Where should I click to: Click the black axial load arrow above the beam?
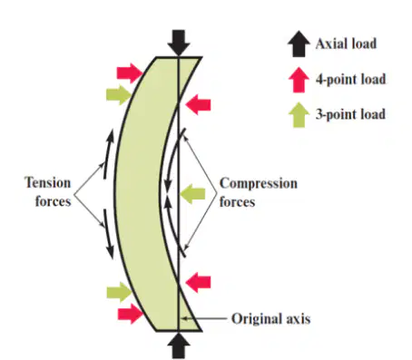point(179,43)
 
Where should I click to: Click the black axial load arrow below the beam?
point(179,345)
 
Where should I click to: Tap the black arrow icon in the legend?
point(299,44)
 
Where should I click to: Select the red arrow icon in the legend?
point(299,80)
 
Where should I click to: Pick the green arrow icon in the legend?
point(299,115)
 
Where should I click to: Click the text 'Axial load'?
point(346,44)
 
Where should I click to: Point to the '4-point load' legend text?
point(350,79)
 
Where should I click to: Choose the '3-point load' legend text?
point(350,114)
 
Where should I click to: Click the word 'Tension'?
point(48,183)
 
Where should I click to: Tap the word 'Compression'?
point(259,183)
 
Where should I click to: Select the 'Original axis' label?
point(270,319)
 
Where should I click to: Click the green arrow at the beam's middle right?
point(192,194)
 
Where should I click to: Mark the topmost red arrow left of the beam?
point(130,73)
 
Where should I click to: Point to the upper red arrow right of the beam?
point(198,105)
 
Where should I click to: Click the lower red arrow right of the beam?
point(198,283)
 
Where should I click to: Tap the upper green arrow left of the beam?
point(119,95)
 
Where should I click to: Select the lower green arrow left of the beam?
point(119,292)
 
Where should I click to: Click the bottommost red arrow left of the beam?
point(131,314)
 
